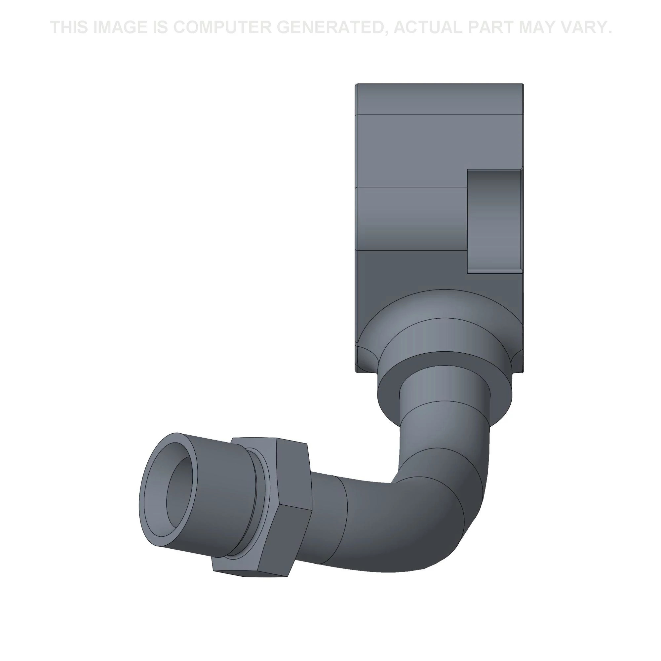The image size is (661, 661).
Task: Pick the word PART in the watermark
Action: click(x=490, y=27)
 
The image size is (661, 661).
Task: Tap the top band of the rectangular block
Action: click(x=439, y=99)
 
